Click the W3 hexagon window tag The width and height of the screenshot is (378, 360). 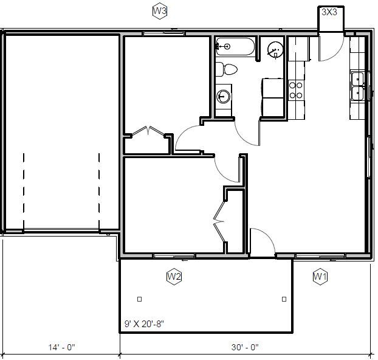[160, 11]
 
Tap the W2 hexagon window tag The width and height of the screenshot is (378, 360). [174, 277]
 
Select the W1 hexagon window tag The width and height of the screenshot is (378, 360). [320, 277]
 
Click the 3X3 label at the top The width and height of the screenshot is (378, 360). [329, 12]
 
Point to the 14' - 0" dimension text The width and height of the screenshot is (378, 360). [61, 348]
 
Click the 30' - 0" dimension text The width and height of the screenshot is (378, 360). [245, 348]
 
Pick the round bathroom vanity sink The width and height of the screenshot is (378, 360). [224, 96]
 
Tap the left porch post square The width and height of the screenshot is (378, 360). [139, 299]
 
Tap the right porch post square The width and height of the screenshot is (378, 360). [284, 299]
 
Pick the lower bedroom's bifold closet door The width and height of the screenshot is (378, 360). [219, 222]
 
